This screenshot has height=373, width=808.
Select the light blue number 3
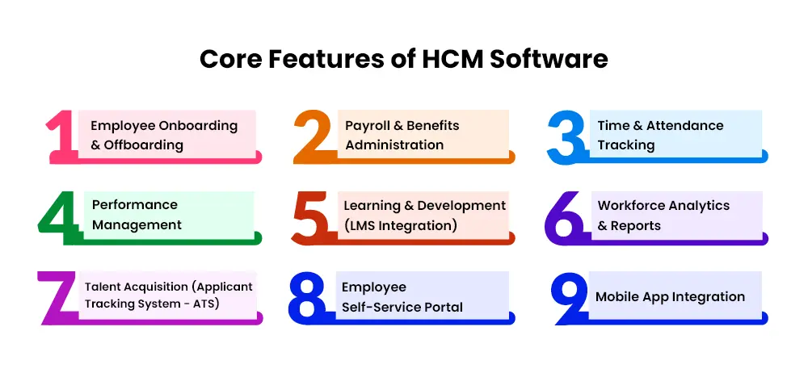(566, 137)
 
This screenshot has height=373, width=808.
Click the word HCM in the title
(450, 59)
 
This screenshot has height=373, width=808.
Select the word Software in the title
(549, 59)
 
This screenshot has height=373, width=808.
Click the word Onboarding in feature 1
(199, 126)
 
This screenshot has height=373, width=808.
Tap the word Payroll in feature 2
(365, 126)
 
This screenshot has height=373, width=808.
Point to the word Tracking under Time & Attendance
(626, 146)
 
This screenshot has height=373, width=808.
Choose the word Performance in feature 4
(134, 204)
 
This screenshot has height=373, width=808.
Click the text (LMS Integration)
(401, 225)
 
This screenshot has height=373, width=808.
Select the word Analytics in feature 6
(696, 206)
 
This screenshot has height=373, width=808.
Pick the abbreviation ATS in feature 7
(206, 304)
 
